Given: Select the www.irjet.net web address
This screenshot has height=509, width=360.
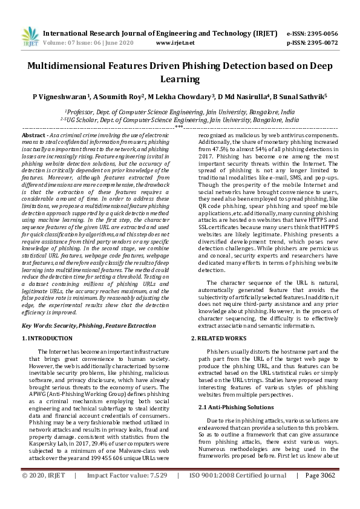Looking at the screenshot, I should click(175, 44).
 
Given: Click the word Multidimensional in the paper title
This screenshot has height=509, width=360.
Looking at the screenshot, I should click(74, 68).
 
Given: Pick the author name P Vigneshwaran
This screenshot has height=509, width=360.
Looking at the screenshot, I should click(61, 96).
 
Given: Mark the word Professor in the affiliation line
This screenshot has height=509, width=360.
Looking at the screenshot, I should click(80, 112).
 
